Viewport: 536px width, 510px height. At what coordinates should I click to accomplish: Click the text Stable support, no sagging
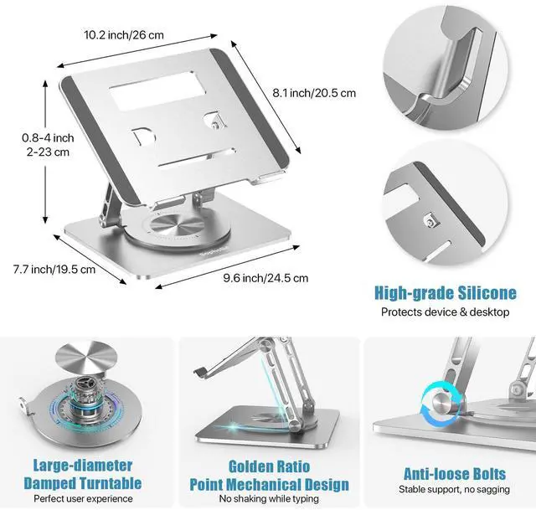coord(446,488)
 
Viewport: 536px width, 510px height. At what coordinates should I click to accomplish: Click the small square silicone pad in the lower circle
coord(430,221)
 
